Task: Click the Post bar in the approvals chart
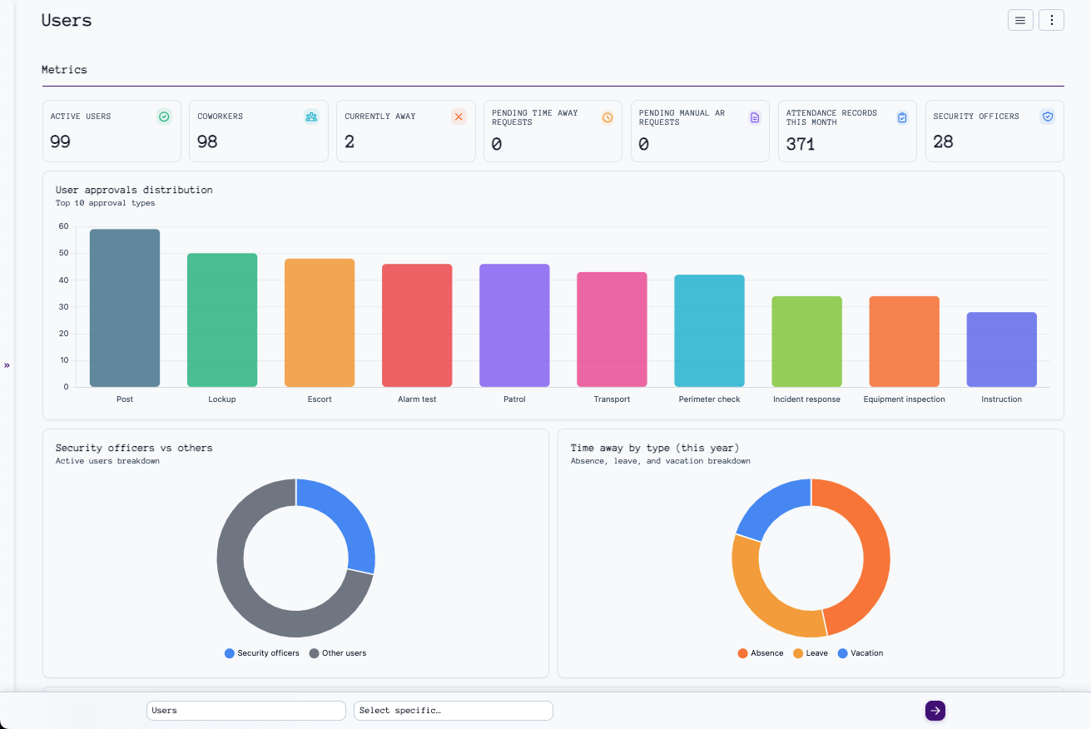click(125, 308)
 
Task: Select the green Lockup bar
click(222, 320)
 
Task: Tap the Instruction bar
click(1001, 350)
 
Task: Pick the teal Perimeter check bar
click(709, 331)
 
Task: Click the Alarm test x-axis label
click(417, 399)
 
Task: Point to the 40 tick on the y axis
click(63, 280)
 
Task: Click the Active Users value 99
click(60, 141)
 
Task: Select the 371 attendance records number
click(801, 144)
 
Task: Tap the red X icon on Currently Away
click(459, 117)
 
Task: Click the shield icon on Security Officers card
click(1048, 117)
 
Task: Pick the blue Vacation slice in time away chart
click(770, 508)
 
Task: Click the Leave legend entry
click(811, 653)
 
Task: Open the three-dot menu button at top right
click(1051, 20)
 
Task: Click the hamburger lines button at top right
click(1020, 20)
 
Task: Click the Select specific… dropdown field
click(453, 711)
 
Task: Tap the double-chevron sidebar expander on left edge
click(7, 365)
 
